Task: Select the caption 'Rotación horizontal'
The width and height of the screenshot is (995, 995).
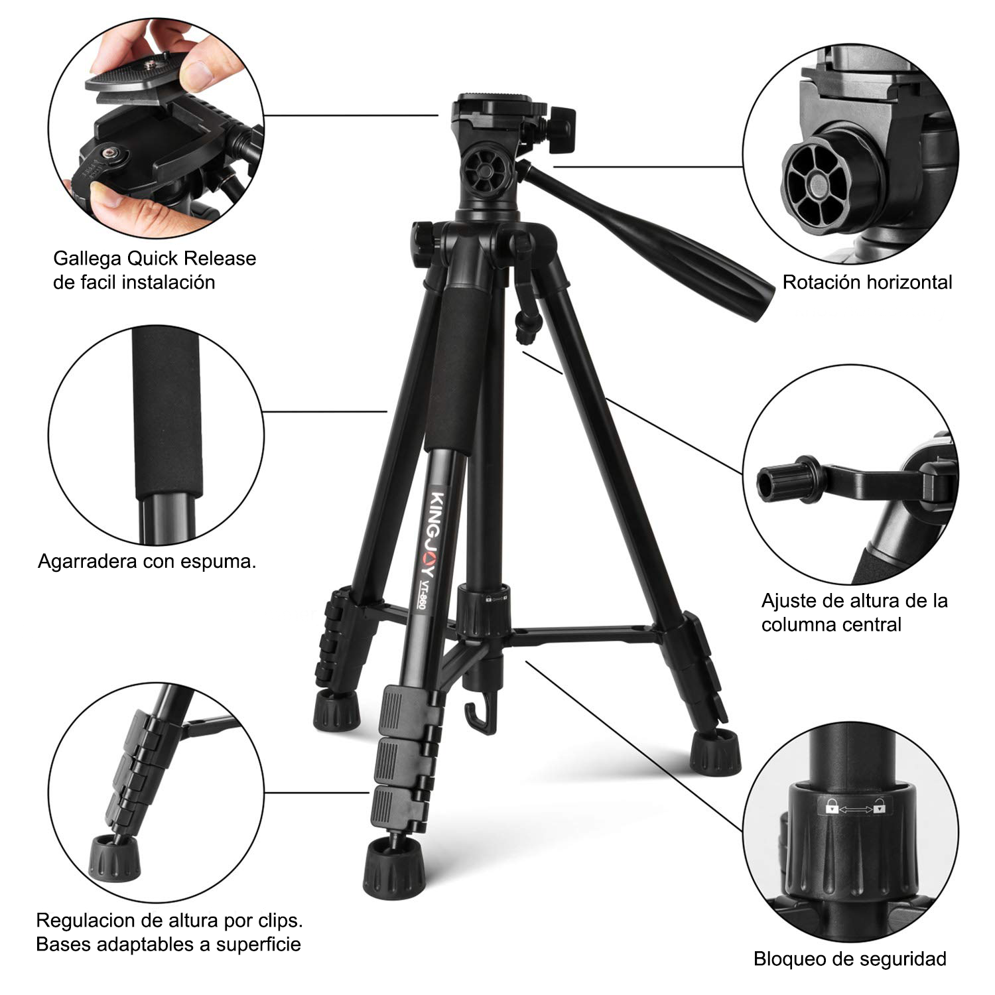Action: tap(867, 282)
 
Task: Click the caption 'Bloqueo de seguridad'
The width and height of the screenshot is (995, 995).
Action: tap(850, 959)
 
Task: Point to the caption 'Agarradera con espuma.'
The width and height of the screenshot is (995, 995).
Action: tap(147, 561)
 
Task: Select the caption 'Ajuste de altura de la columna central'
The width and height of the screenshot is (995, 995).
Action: tap(854, 612)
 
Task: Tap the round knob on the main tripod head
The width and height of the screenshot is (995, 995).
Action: tap(484, 174)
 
